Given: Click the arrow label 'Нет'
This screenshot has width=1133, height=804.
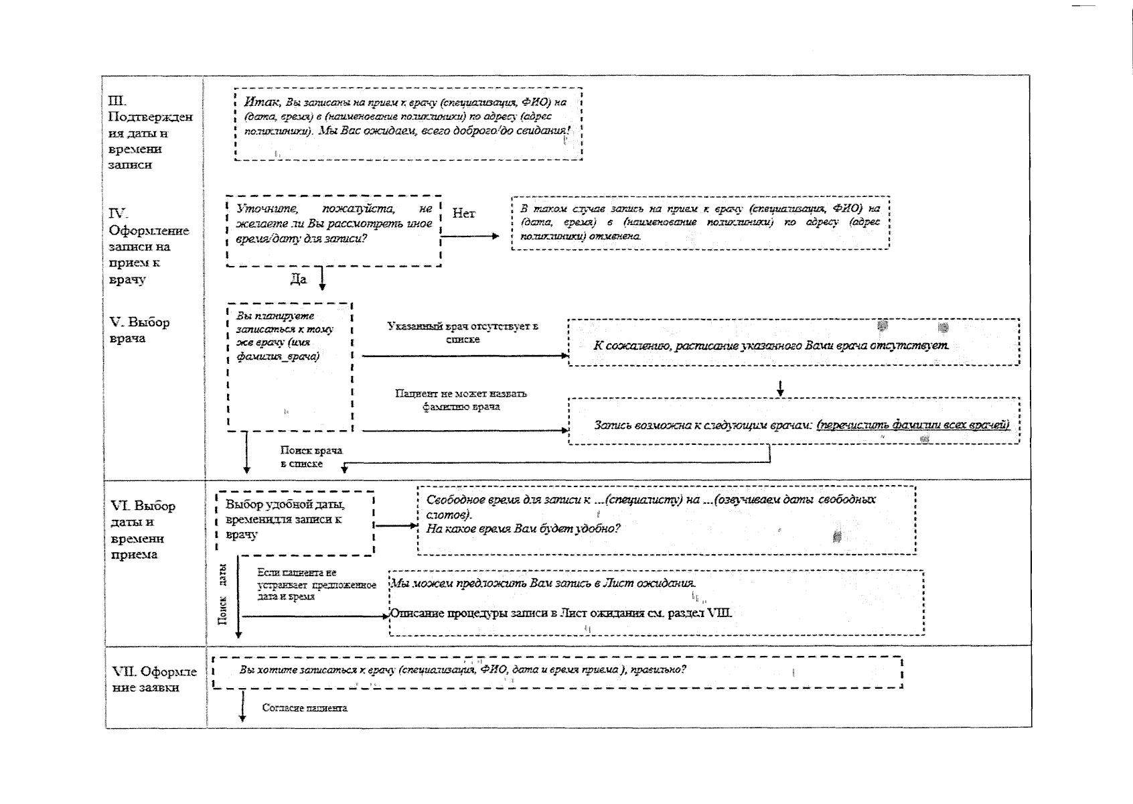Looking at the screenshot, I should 463,214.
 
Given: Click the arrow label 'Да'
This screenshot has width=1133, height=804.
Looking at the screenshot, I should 298,279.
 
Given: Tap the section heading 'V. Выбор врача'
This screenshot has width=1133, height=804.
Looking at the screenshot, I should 139,330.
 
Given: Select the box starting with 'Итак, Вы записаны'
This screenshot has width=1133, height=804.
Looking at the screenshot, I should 408,124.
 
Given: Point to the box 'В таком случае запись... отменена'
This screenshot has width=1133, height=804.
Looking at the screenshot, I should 700,222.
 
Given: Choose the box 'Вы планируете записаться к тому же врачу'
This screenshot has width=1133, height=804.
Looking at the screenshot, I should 289,366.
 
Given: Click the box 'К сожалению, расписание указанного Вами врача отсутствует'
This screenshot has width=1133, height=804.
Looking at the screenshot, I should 794,342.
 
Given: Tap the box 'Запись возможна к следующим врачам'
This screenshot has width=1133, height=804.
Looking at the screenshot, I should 794,421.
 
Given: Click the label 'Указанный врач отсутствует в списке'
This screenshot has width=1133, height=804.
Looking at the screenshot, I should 462,333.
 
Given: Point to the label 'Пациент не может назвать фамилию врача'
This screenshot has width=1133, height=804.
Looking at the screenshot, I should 461,400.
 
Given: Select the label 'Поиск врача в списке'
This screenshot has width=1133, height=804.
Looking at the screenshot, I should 311,457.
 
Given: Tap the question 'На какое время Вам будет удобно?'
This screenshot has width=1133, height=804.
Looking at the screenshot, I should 523,529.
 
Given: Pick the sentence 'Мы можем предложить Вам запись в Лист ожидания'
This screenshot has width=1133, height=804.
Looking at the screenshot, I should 543,583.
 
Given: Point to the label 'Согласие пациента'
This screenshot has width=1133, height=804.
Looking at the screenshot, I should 305,708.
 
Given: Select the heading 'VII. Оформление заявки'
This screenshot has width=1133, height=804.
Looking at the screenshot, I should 154,679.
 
